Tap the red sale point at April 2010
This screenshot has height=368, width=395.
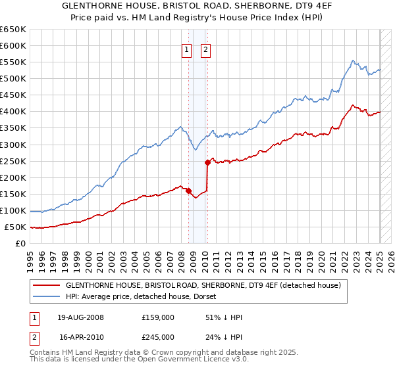(x=207, y=162)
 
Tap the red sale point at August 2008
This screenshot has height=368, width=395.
(x=188, y=191)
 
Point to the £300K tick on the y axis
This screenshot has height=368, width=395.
(x=14, y=145)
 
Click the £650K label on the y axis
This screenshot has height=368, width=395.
(x=14, y=30)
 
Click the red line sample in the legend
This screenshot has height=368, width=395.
(x=46, y=286)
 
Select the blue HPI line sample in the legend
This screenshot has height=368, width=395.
(x=46, y=296)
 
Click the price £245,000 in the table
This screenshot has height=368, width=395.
(x=159, y=338)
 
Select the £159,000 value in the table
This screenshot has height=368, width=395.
(x=159, y=317)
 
